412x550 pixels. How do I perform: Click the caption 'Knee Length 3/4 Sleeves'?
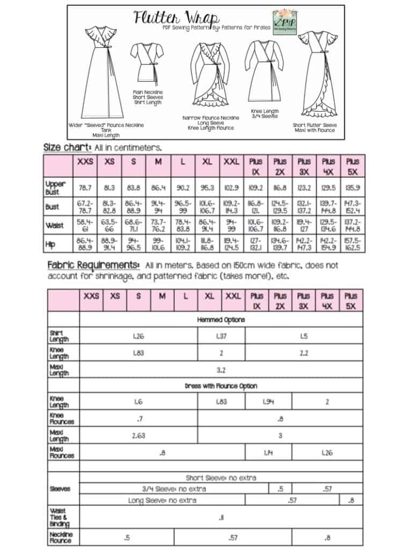pos(265,115)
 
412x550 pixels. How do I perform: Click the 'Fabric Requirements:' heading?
pos(93,265)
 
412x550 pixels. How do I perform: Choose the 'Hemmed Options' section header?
pos(221,320)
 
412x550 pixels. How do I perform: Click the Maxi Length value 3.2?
pos(221,370)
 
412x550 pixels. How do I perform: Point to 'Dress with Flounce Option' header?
pos(221,386)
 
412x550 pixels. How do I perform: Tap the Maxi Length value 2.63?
pos(138,436)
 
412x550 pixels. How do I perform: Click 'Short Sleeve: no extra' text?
pos(221,477)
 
